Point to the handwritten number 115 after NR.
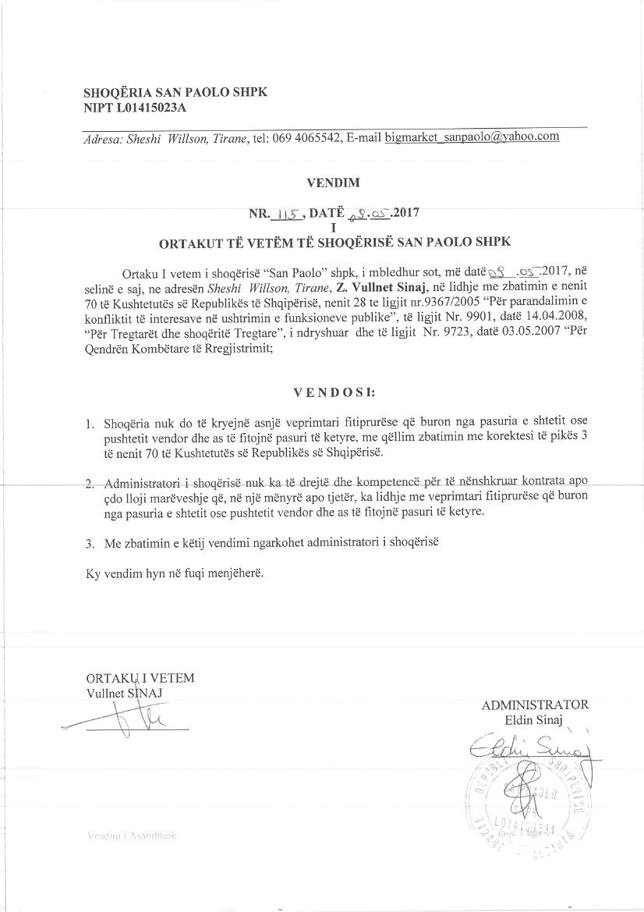coord(285,211)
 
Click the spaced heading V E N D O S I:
coord(334,392)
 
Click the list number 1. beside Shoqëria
coord(90,425)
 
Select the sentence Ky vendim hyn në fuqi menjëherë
coord(175,573)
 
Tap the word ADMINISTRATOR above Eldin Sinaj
coord(535,705)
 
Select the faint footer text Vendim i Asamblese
coord(132,836)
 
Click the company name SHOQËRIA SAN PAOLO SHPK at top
coord(175,91)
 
